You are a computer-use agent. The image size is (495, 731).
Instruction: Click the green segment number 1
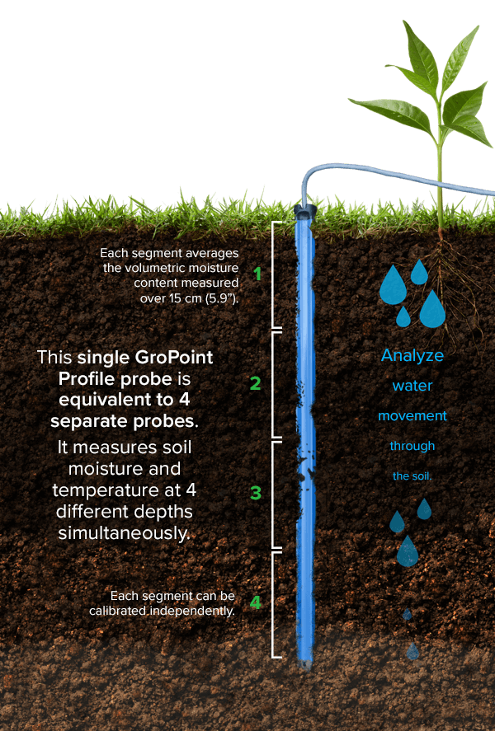pos(257,274)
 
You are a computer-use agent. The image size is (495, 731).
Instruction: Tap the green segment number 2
pos(255,383)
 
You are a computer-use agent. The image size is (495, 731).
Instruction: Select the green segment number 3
pos(256,493)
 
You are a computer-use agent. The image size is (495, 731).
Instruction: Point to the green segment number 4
pos(255,602)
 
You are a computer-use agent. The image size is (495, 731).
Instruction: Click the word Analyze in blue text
pos(412,356)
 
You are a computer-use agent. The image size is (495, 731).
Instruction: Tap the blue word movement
pos(412,416)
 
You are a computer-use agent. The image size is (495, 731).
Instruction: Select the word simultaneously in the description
pos(124,533)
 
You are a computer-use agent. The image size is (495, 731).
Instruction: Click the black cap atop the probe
pos(304,213)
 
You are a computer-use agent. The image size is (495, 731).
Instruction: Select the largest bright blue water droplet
pos(431,309)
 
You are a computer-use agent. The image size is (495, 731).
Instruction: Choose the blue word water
pos(412,386)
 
